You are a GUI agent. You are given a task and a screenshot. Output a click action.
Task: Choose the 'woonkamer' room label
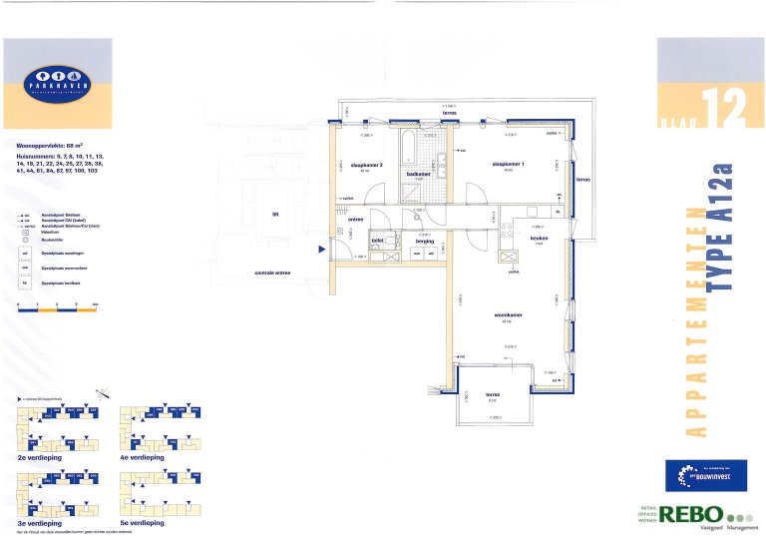[x=509, y=317]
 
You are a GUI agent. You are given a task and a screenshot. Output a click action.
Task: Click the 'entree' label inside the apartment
[x=355, y=219]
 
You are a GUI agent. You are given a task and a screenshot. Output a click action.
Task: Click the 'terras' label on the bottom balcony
[x=491, y=394]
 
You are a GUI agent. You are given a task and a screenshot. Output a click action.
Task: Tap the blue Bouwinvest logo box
[x=705, y=472]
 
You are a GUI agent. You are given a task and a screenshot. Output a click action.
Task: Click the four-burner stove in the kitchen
[x=506, y=227]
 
